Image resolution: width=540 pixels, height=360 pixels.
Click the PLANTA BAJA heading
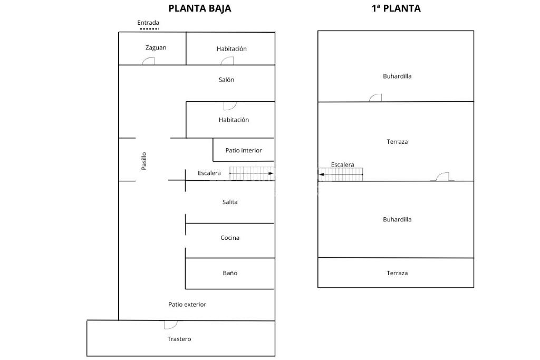click(199, 8)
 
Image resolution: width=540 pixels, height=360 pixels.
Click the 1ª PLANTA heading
click(396, 8)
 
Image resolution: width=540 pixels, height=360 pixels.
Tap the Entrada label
click(148, 23)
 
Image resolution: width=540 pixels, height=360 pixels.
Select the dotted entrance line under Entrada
click(149, 28)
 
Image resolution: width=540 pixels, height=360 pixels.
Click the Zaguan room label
click(156, 47)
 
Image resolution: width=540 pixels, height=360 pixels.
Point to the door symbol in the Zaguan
click(148, 61)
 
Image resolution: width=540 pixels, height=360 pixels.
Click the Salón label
click(226, 80)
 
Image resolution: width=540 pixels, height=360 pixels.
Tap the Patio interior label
click(243, 150)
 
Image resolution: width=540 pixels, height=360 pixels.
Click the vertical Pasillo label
click(143, 161)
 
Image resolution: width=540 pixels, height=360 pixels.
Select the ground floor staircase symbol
click(252, 173)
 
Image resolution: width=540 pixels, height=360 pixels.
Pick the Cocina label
click(229, 238)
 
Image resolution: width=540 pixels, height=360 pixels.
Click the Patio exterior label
click(187, 304)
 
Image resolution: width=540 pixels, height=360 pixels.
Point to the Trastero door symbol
click(171, 325)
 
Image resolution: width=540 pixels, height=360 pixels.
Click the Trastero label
click(179, 339)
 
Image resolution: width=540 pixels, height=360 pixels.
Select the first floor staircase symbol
click(341, 174)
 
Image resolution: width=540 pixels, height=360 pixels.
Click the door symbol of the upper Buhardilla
click(375, 98)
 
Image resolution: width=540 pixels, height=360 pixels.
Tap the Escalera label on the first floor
click(342, 165)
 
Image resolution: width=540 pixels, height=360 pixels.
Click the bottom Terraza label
click(397, 273)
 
